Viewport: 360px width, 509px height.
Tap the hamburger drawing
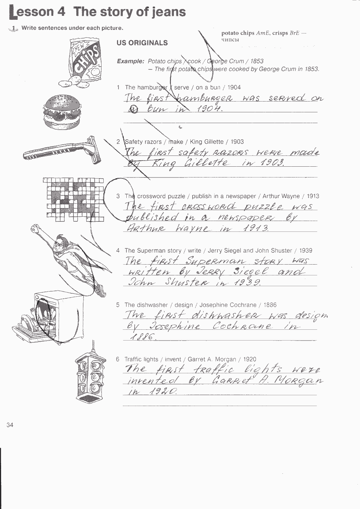click(x=62, y=112)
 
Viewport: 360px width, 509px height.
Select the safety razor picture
click(x=62, y=150)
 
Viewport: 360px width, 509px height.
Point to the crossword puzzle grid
click(x=73, y=200)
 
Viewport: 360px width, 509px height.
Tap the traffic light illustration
click(x=91, y=375)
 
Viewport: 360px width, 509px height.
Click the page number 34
click(x=10, y=425)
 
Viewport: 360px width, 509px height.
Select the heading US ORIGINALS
click(x=142, y=43)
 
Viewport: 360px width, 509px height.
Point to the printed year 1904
click(x=234, y=87)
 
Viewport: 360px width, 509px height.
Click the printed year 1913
click(x=313, y=196)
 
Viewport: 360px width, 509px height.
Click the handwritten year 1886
click(x=143, y=337)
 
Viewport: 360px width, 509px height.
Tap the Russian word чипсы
click(x=230, y=40)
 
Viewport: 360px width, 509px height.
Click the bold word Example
click(x=130, y=61)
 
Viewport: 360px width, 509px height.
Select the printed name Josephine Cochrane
click(x=228, y=305)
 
